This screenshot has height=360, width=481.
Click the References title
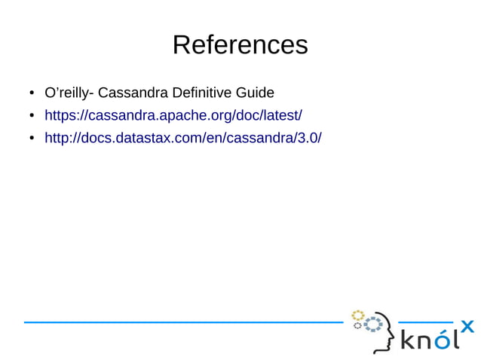click(240, 45)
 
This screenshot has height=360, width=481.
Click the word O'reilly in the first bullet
click(66, 93)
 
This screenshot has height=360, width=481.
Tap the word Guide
click(255, 93)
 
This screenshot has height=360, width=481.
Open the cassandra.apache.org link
click(173, 115)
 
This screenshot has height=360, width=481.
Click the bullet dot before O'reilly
click(32, 94)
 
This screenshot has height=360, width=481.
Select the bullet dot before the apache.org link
click(32, 116)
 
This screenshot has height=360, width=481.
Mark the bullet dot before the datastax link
click(32, 139)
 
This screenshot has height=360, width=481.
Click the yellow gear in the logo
click(358, 314)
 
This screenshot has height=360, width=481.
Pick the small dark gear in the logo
click(357, 326)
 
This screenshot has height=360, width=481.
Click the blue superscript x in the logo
click(467, 326)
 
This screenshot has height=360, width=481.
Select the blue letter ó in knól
click(445, 340)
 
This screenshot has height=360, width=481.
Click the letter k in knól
click(407, 340)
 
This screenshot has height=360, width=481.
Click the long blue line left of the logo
click(181, 322)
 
